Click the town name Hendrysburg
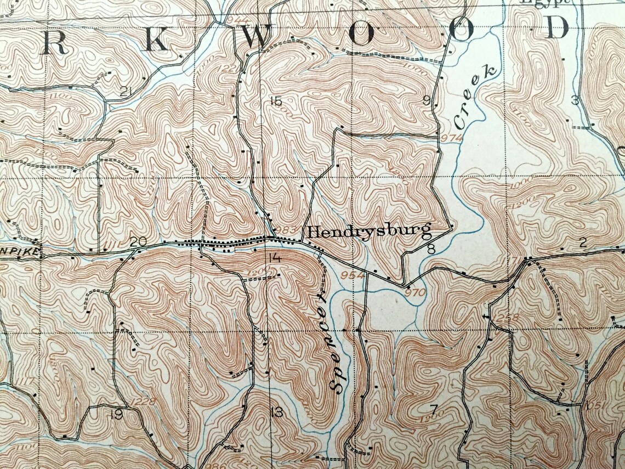368,231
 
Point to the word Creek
471,96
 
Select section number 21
127,91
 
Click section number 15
275,101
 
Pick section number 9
426,100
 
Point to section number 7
434,409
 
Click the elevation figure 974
451,137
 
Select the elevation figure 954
352,274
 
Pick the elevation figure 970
415,292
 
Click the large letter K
156,42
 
